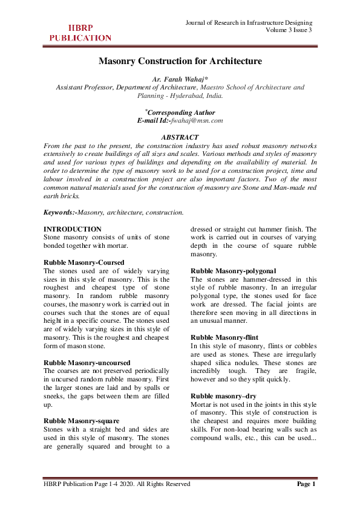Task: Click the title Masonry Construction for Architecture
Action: pos(180,61)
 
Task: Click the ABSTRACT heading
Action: pos(180,137)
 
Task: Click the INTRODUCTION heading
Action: pos(73,230)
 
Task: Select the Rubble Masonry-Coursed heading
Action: pos(84,263)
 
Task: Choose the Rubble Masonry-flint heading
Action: pos(224,337)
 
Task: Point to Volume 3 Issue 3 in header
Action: pos(289,30)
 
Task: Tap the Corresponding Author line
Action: pos(180,112)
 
